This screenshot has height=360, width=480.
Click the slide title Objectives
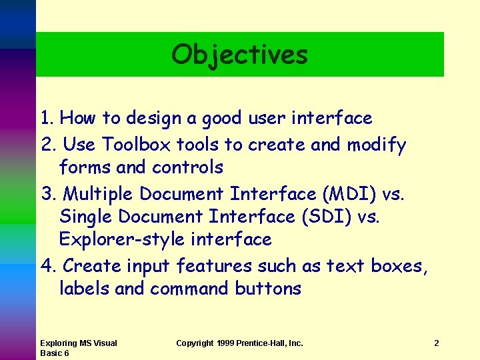[239, 55]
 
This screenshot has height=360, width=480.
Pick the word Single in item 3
[85, 217]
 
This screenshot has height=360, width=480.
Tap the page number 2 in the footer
[436, 343]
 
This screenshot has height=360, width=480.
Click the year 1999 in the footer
[227, 343]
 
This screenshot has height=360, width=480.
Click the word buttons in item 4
[268, 289]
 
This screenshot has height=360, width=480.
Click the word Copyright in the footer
[195, 343]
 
